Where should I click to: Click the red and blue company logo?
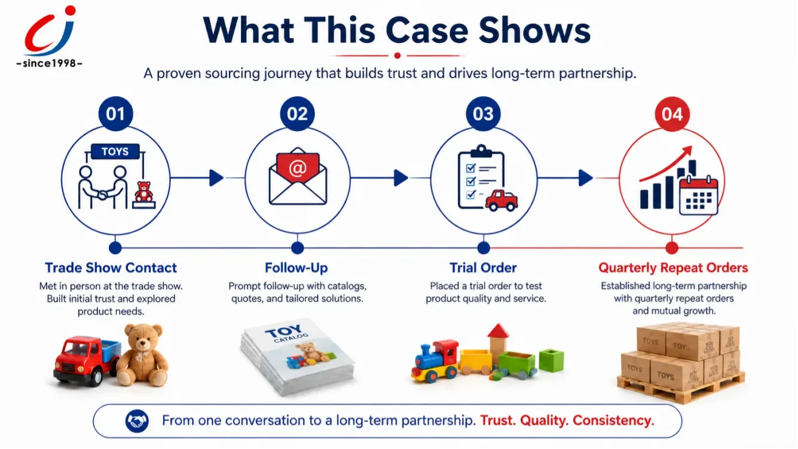(50, 31)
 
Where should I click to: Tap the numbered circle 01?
(115, 114)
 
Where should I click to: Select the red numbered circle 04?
(672, 114)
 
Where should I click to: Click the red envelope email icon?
(298, 176)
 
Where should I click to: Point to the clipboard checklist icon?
(481, 177)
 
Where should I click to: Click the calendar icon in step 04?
(699, 196)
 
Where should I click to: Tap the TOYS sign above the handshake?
(115, 151)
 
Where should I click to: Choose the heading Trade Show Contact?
(111, 268)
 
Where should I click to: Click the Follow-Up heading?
(296, 268)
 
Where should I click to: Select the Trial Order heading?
(483, 268)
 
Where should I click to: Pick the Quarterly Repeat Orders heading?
(673, 268)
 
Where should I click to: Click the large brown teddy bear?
(142, 355)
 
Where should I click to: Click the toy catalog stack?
(298, 356)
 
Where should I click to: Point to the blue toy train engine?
(435, 361)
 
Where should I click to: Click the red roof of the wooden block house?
(498, 331)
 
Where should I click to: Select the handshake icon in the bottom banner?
(137, 421)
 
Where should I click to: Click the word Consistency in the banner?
(613, 421)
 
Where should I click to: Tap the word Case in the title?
(427, 30)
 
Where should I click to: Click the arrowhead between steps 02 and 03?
(401, 178)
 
